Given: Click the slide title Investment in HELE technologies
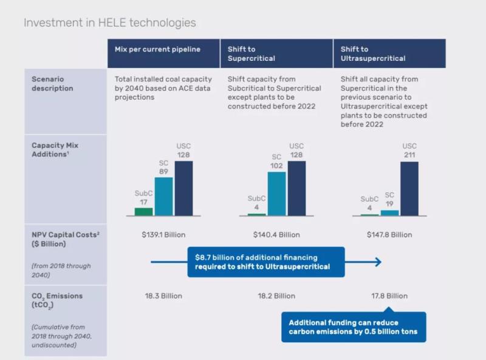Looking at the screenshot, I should pyautogui.click(x=109, y=23).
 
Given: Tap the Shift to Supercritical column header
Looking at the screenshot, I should pyautogui.click(x=251, y=54).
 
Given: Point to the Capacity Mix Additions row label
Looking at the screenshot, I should pyautogui.click(x=55, y=150).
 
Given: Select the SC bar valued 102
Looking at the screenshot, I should pyautogui.click(x=277, y=193).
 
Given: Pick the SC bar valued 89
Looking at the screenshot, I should pyautogui.click(x=163, y=196).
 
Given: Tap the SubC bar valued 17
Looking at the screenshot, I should pyautogui.click(x=143, y=212).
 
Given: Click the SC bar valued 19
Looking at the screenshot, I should pyautogui.click(x=390, y=212).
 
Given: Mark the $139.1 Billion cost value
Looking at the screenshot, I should pyautogui.click(x=163, y=235).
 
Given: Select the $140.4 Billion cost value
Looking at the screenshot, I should pyautogui.click(x=276, y=235).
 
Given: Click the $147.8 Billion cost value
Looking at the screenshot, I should pyautogui.click(x=389, y=235).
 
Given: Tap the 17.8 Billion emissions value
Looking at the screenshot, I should pyautogui.click(x=389, y=296).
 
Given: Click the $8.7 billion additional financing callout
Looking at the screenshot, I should pyautogui.click(x=266, y=262).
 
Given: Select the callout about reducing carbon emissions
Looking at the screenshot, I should pyautogui.click(x=353, y=327).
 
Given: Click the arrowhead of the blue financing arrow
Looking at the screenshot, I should pyautogui.click(x=378, y=262).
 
